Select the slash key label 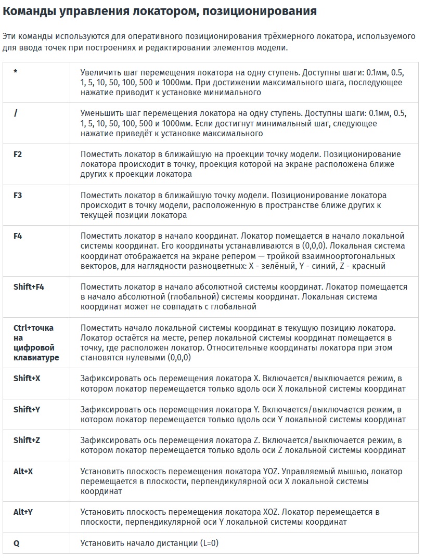tap(16, 113)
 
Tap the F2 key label tap(18, 154)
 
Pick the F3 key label tap(18, 195)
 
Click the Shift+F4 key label tap(29, 287)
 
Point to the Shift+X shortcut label tap(27, 378)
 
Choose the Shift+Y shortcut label tap(27, 409)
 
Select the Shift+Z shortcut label tap(27, 440)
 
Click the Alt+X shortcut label tap(23, 471)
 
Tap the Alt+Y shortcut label tap(23, 512)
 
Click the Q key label tap(16, 543)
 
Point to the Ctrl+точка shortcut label tap(33, 328)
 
